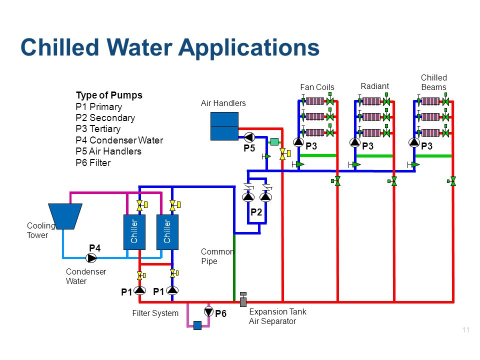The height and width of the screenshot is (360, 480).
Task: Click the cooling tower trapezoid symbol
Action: pos(65,216)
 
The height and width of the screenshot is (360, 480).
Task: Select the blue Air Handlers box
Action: pos(224,126)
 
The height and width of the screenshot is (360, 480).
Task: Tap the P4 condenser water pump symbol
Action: pos(91,258)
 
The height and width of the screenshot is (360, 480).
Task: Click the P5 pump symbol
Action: pos(249,137)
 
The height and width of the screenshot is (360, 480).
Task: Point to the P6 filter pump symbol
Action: pos(209,311)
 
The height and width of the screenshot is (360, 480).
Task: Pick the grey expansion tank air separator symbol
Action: pos(243,299)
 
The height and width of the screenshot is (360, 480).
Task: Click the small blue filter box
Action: pos(197,325)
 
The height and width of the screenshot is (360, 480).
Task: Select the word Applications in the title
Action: pos(248,48)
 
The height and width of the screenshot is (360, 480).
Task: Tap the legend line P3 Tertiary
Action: pos(98,129)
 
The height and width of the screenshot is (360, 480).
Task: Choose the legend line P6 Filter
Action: pos(93,162)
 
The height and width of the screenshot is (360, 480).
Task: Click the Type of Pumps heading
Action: pos(109,95)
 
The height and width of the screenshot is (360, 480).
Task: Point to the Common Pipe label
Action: pos(217,256)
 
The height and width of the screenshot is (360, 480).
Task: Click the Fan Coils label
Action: pos(317,87)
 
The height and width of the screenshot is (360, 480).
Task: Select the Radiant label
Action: pos(374,86)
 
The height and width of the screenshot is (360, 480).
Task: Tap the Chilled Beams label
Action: pos(434,82)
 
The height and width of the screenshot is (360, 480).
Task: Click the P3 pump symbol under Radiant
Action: pos(355,142)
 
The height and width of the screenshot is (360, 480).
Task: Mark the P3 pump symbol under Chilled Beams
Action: pos(414,142)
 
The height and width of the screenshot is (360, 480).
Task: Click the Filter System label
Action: pos(155,313)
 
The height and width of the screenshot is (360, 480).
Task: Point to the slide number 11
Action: pos(466,330)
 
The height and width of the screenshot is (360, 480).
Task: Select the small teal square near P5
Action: pos(274,141)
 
